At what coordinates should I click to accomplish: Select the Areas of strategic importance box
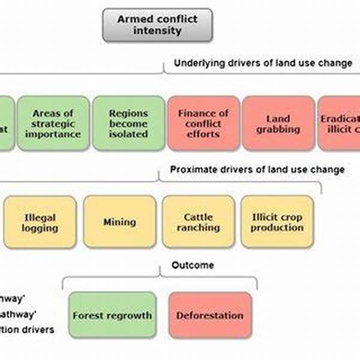click(53, 123)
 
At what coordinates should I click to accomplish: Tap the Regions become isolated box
click(128, 123)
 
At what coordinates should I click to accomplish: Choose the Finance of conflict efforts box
click(203, 123)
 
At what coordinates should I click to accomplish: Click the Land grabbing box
click(277, 123)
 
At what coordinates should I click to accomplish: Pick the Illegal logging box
click(40, 222)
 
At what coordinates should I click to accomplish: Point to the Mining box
click(119, 222)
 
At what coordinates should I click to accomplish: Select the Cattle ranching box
click(198, 222)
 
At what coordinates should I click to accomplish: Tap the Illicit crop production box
click(277, 222)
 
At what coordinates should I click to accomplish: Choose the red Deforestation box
click(210, 316)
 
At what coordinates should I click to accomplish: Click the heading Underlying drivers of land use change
click(263, 64)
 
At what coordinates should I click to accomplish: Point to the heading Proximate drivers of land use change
click(257, 170)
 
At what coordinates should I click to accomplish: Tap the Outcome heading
click(193, 265)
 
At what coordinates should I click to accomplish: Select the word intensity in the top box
click(158, 30)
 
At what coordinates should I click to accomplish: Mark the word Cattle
click(198, 217)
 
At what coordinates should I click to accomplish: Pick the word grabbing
click(277, 129)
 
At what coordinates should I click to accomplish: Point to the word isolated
click(128, 134)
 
